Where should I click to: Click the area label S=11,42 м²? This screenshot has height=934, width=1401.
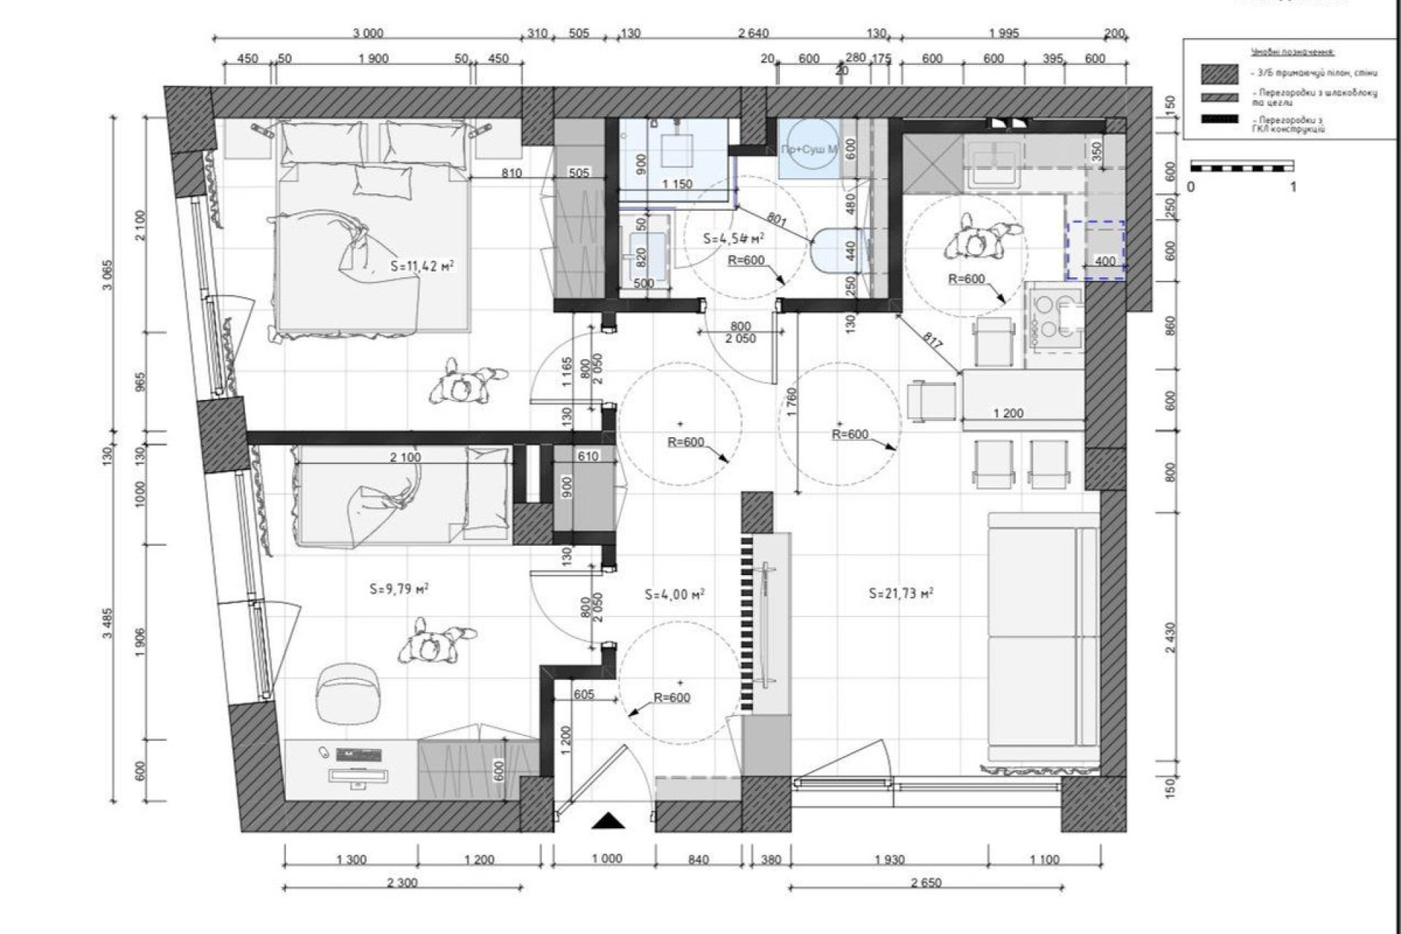(422, 266)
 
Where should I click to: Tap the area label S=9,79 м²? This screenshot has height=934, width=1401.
(398, 588)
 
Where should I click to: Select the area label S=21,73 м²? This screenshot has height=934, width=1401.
(901, 593)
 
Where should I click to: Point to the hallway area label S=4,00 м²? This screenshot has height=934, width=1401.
(674, 594)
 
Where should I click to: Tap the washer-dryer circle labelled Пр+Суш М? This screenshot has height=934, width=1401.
(808, 150)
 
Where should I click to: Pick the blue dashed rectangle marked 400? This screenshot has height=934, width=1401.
(1096, 250)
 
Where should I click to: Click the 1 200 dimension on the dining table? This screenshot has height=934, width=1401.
(1008, 413)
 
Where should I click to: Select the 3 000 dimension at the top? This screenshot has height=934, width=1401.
(368, 34)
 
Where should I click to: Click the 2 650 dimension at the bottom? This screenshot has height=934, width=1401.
(926, 883)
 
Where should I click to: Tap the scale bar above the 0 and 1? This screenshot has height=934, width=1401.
(1242, 167)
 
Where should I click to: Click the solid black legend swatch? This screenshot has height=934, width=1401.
(1220, 120)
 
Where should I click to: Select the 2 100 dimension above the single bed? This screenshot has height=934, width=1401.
(405, 458)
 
